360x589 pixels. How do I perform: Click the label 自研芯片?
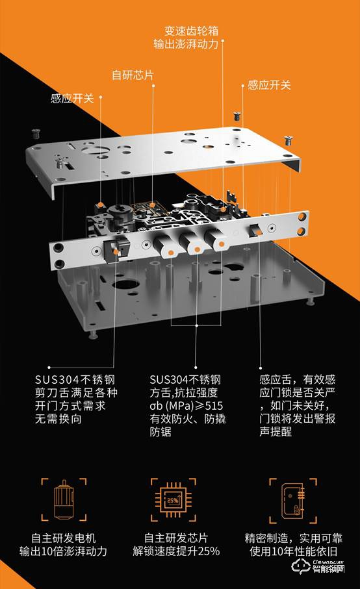click(x=133, y=75)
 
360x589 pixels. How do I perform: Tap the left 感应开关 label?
click(x=72, y=99)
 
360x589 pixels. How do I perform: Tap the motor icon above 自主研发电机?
click(x=63, y=502)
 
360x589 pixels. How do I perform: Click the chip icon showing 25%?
click(x=174, y=502)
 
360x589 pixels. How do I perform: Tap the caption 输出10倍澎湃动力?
click(x=63, y=551)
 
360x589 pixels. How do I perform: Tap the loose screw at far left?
click(x=36, y=134)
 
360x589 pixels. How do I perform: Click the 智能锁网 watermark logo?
click(x=331, y=569)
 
